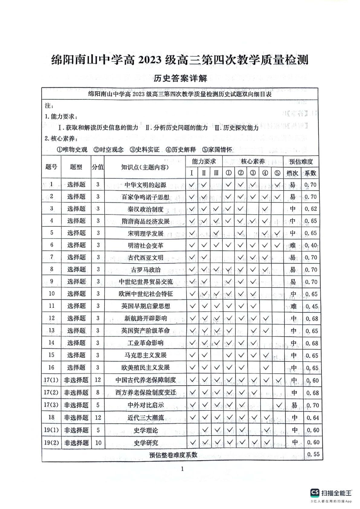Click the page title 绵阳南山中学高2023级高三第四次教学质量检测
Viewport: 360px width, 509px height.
(x=180, y=60)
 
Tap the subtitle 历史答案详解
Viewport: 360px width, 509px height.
(x=180, y=78)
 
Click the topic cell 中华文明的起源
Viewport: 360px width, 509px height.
(x=145, y=185)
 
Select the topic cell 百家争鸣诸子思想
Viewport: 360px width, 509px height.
(x=145, y=197)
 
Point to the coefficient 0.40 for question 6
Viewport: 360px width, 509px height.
(x=311, y=245)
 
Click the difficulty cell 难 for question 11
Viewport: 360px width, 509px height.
(x=293, y=306)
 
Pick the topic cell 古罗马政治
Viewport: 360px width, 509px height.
(x=145, y=270)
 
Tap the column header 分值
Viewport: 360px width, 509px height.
(x=98, y=167)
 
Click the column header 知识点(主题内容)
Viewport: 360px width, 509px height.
(x=145, y=167)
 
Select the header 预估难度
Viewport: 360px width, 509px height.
(x=301, y=161)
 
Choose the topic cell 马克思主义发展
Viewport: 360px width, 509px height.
(x=145, y=355)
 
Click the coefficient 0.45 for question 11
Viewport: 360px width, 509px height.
(x=311, y=306)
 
